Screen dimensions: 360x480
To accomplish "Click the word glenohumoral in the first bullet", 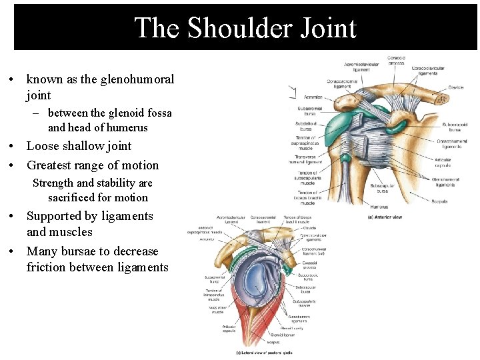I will [x=137, y=79].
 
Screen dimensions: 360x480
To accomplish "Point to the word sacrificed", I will [x=71, y=197].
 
